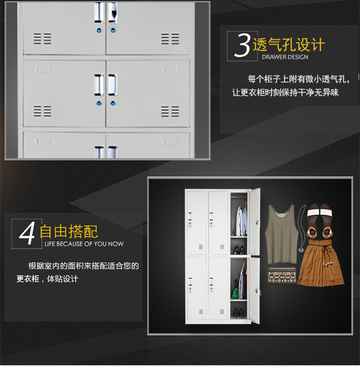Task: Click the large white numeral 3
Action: [242, 46]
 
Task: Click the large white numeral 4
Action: [27, 233]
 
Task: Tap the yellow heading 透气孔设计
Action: [289, 45]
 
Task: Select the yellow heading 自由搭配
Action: [69, 232]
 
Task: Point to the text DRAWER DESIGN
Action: [285, 57]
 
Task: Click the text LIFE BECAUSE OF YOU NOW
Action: [84, 244]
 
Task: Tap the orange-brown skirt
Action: [321, 263]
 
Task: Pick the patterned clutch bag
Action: [282, 276]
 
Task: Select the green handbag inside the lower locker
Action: [235, 291]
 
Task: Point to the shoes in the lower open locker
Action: [239, 313]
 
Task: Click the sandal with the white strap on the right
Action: [326, 221]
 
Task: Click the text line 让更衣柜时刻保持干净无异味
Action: [285, 93]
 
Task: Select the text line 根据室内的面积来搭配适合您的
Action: [84, 266]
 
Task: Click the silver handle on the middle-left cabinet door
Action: [98, 85]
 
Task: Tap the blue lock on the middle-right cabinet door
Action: [113, 103]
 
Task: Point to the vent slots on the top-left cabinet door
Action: [42, 39]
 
